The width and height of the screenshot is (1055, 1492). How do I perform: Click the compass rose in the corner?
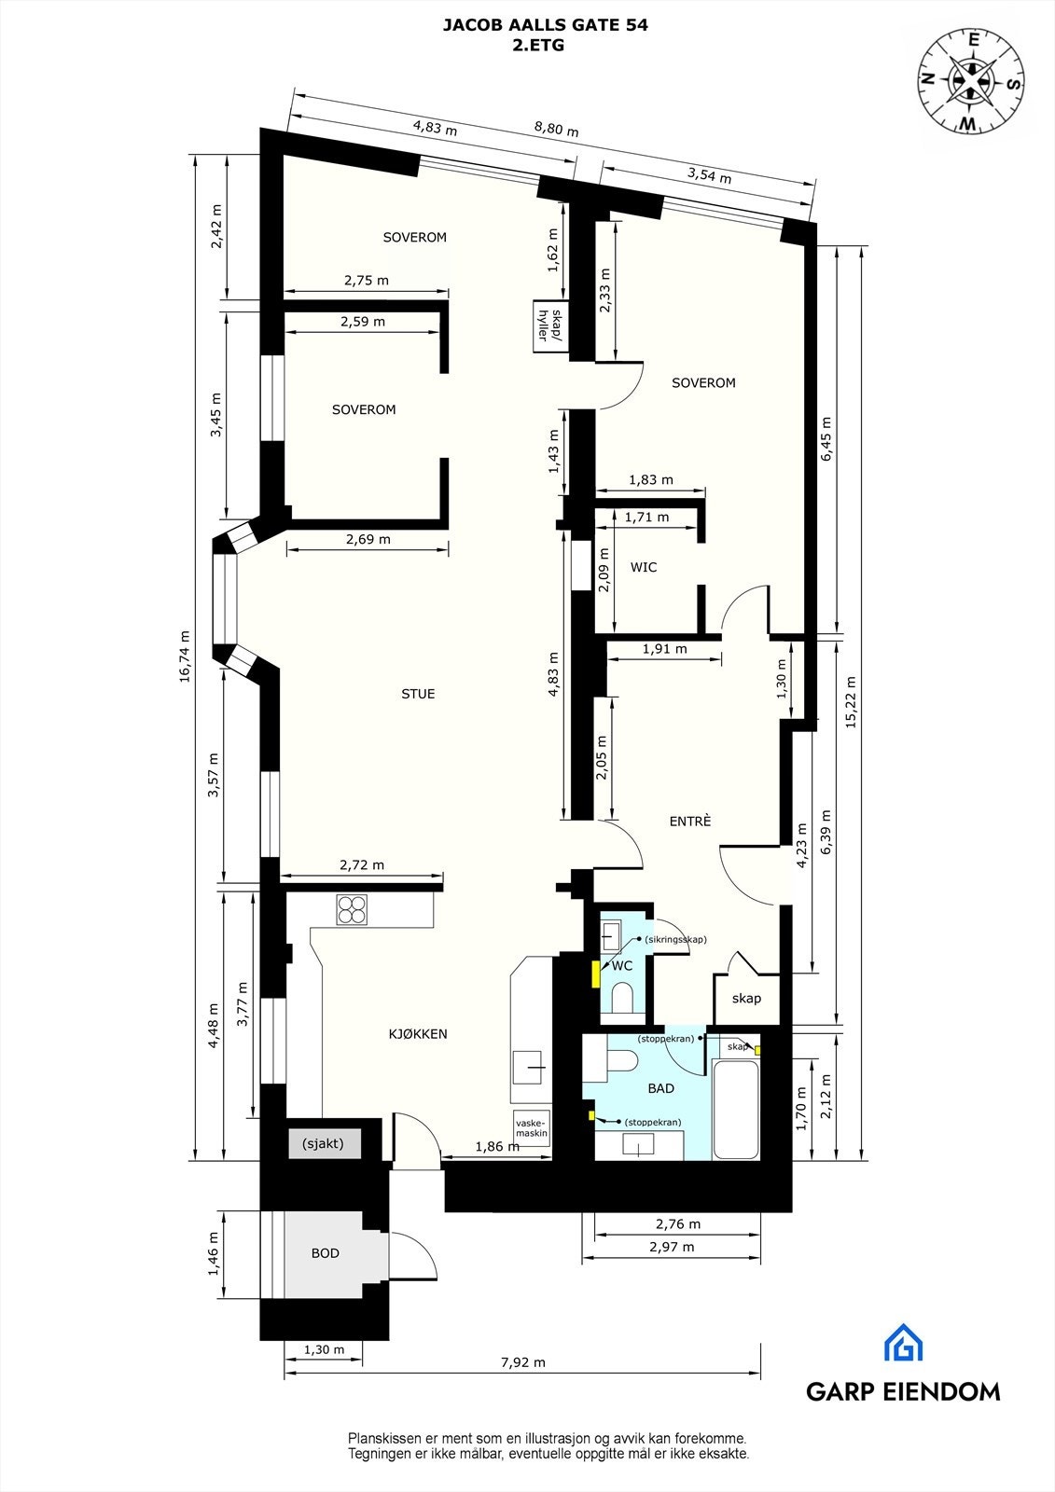point(971,80)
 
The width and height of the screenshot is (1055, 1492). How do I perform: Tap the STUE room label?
point(418,694)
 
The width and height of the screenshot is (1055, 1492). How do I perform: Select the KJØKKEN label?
point(418,1033)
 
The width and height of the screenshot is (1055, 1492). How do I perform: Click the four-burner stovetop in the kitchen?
point(352,909)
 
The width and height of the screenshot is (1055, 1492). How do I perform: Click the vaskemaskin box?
point(531,1128)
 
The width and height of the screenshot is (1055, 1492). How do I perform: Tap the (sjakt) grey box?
point(324,1143)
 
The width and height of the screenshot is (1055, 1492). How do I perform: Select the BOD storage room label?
point(325,1253)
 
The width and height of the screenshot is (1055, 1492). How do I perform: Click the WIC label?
point(644,567)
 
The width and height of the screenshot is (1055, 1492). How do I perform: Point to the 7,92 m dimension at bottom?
point(523,1361)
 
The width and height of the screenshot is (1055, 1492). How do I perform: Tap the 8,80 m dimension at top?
point(556,131)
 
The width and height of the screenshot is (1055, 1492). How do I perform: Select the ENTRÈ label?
point(690,821)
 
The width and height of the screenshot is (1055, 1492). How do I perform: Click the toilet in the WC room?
point(621,998)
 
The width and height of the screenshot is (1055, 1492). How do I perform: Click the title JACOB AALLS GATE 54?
point(545,26)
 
